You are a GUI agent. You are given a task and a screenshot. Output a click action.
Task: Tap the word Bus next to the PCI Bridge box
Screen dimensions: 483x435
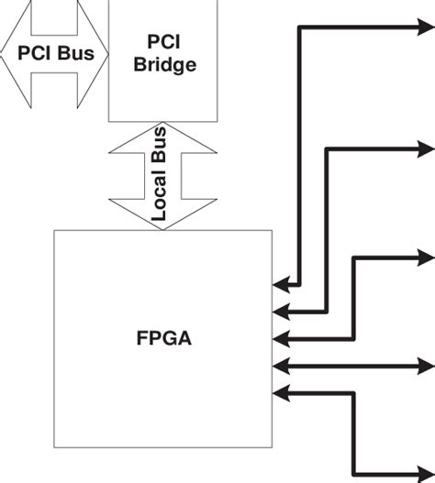pyautogui.click(x=76, y=53)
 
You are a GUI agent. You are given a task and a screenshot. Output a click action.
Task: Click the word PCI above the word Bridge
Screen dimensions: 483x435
pyautogui.click(x=165, y=43)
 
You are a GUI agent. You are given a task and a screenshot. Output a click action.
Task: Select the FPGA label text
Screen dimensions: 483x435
pyautogui.click(x=162, y=344)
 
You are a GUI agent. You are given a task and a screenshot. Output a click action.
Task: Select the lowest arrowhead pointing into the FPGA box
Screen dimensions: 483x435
pyautogui.click(x=282, y=393)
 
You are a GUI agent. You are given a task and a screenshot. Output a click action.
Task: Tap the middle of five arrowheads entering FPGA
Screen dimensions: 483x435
pyautogui.click(x=282, y=336)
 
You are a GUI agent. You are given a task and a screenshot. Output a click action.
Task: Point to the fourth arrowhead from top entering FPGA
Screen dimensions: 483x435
pyautogui.click(x=282, y=365)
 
